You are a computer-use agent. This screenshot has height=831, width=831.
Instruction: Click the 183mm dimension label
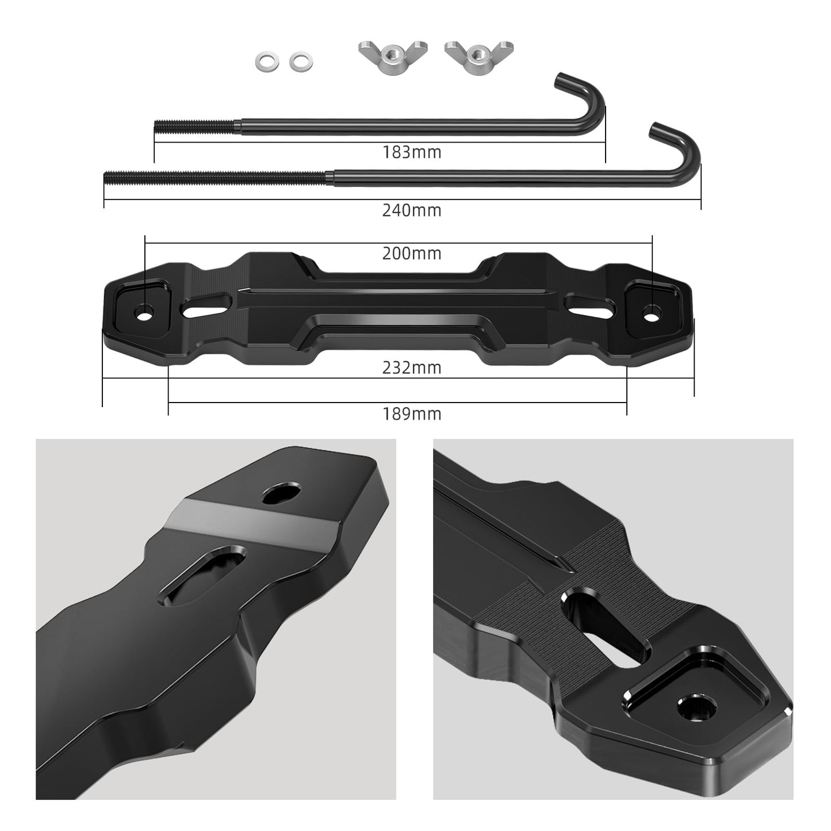pyautogui.click(x=412, y=152)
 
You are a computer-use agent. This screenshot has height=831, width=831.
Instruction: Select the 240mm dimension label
pyautogui.click(x=412, y=210)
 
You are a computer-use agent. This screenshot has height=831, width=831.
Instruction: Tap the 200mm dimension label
pyautogui.click(x=412, y=253)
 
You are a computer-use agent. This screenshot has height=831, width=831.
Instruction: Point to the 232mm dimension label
pyautogui.click(x=412, y=367)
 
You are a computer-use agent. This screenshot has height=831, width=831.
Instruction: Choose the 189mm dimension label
pyautogui.click(x=412, y=413)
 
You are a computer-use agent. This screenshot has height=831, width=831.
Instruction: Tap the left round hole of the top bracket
pyautogui.click(x=144, y=313)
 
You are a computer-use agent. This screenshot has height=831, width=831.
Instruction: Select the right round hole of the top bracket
pyautogui.click(x=652, y=314)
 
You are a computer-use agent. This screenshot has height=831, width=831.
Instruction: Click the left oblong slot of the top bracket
pyautogui.click(x=204, y=306)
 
